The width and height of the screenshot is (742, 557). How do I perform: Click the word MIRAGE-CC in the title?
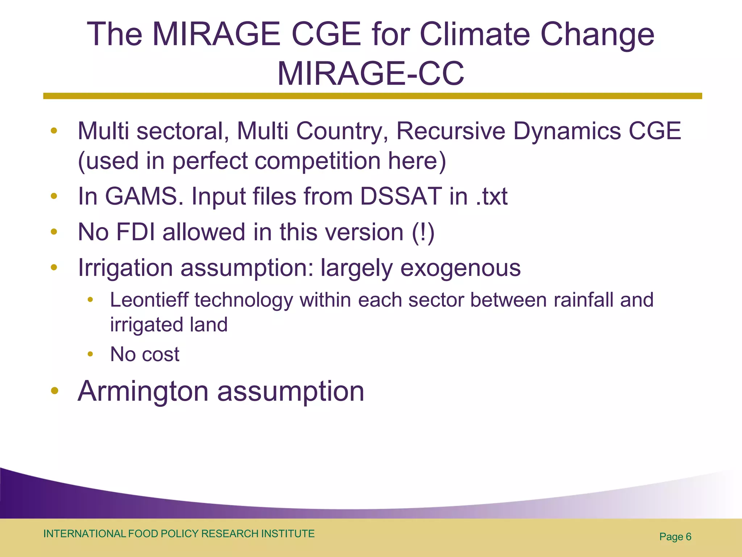pos(370,74)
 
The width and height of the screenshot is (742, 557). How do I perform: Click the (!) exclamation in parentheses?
pos(423,232)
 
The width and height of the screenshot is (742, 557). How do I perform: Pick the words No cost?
pos(145,354)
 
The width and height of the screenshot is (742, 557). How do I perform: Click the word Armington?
pos(143,391)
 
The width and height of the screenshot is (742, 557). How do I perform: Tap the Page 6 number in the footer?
pos(675,537)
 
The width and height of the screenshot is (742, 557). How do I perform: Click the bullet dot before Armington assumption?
pos(54,391)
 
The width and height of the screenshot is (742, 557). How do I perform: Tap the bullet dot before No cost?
pos(90,354)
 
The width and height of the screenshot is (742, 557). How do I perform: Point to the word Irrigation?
pos(125,268)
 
